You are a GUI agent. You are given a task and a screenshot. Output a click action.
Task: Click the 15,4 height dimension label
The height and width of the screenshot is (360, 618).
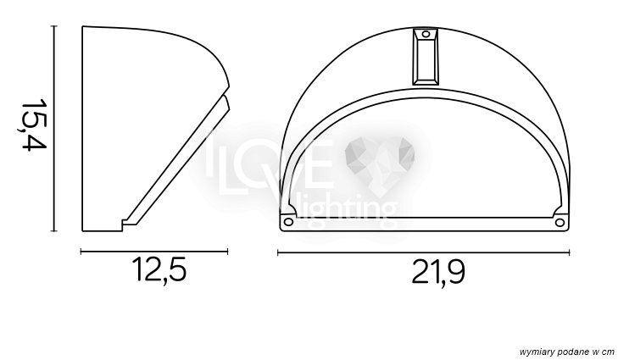(34, 125)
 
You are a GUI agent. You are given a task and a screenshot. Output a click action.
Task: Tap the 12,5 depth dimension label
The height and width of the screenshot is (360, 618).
(160, 269)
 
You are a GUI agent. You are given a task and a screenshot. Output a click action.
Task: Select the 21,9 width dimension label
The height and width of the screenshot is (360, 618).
(438, 271)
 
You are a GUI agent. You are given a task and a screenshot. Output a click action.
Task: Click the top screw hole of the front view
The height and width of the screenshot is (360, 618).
(426, 34)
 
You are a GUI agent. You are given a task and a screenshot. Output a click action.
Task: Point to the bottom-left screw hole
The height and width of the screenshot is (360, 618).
(288, 222)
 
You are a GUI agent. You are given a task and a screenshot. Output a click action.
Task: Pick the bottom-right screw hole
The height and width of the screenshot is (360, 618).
(560, 223)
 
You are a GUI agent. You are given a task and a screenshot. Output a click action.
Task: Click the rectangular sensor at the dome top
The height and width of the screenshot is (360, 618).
(426, 57)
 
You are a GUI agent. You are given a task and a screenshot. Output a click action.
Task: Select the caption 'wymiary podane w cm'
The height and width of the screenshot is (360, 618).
(567, 352)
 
